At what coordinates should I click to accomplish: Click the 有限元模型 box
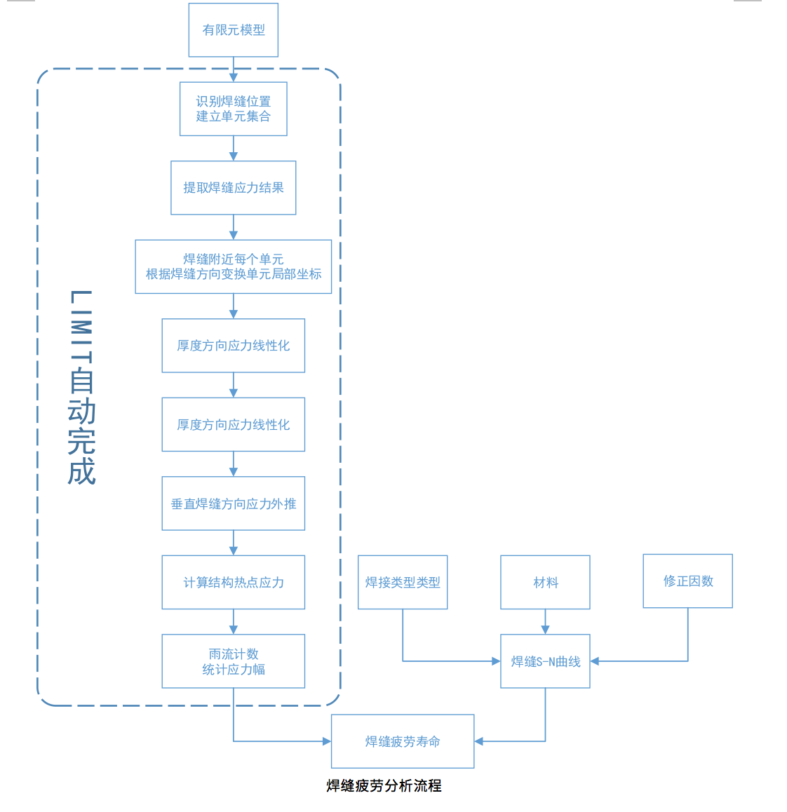point(234,30)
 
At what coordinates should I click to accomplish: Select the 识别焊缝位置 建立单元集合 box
point(234,109)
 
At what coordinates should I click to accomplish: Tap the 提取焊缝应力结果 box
point(234,188)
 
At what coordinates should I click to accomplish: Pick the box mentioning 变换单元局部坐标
point(234,266)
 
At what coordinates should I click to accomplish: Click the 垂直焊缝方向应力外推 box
point(234,503)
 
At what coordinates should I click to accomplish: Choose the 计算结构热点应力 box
point(234,582)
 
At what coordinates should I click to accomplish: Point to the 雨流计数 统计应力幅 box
point(234,661)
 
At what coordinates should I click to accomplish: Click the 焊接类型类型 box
point(403,582)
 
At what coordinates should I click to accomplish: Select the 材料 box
point(545,582)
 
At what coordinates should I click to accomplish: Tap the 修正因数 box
point(688,581)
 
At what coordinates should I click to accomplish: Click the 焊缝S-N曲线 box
point(545,661)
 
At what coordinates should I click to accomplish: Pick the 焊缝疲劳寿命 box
point(403,741)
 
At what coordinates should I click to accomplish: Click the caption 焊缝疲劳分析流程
point(384,786)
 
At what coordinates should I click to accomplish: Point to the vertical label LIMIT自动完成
point(81,387)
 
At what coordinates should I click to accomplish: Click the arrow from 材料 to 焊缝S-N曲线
point(545,622)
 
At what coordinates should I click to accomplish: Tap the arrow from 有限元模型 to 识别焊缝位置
point(234,69)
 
